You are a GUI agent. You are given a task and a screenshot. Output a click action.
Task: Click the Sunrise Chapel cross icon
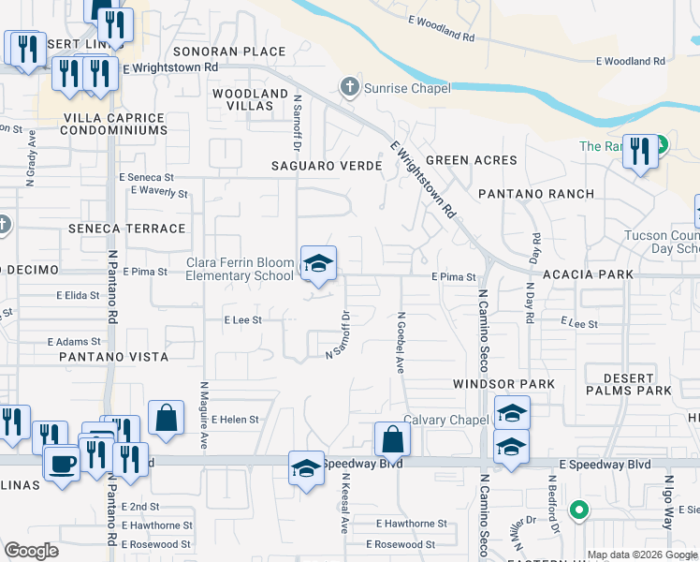[x=350, y=88]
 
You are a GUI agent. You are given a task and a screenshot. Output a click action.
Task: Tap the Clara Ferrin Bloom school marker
[x=317, y=263]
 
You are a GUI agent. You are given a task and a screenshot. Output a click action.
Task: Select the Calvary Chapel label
[x=446, y=420]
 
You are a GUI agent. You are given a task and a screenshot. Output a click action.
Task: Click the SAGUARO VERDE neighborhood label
[x=327, y=166]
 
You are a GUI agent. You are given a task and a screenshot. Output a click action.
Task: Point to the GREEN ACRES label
[x=472, y=160]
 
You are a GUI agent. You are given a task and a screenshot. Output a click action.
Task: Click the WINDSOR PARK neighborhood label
[x=503, y=384]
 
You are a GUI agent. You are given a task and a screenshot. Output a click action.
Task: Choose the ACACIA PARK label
[x=589, y=274]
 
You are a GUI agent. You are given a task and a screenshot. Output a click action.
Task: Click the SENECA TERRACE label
[x=126, y=229]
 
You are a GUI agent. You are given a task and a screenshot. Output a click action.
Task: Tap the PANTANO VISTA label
[x=113, y=357]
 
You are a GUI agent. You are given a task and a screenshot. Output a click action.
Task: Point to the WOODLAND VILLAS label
[x=250, y=100]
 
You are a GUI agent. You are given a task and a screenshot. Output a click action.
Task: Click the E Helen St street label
[x=236, y=420]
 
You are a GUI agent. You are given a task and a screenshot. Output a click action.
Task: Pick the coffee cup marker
[x=63, y=464]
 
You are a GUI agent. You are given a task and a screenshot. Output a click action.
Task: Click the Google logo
[x=32, y=551]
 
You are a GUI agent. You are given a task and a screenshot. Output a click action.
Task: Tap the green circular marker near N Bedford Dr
[x=579, y=510]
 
